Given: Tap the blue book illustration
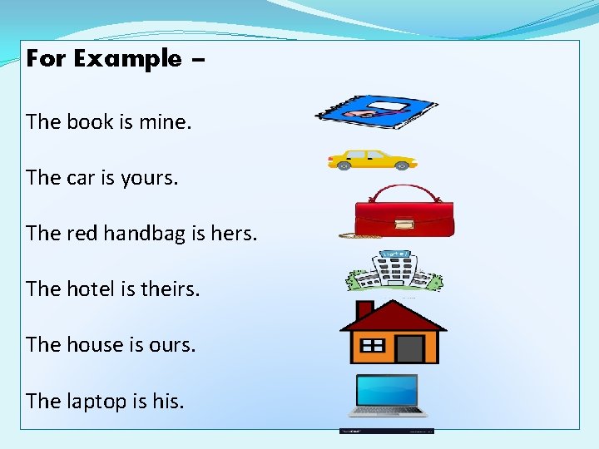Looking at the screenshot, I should tap(376, 111).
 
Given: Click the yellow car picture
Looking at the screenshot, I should tap(372, 159).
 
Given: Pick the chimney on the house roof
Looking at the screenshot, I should tap(364, 311).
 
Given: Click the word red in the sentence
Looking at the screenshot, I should tap(82, 233).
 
